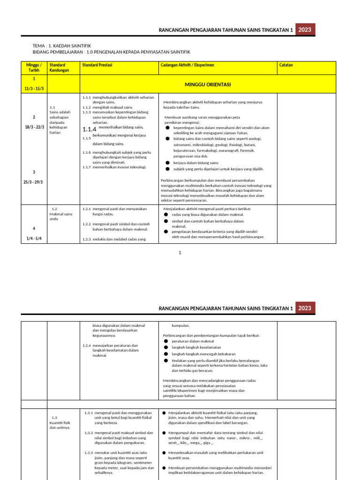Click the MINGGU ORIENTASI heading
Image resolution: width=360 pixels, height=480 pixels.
click(x=208, y=85)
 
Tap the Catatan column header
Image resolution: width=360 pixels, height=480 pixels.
click(x=286, y=65)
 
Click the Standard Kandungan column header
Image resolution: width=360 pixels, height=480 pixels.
click(x=59, y=67)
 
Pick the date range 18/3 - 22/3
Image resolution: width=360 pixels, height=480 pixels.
click(x=34, y=127)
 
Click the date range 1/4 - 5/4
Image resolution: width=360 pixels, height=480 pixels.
click(x=34, y=239)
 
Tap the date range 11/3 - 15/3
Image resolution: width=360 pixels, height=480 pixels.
click(x=34, y=88)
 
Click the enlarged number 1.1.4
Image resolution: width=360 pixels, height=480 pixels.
click(x=89, y=129)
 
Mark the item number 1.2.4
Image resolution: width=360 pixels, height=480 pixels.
click(x=86, y=346)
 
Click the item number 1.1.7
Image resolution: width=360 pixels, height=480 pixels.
click(x=86, y=167)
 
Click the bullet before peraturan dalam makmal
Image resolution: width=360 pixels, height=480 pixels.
click(x=166, y=341)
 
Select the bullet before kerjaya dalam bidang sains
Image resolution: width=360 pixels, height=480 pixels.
click(x=168, y=163)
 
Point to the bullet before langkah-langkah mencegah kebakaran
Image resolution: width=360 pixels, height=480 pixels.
click(x=166, y=354)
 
